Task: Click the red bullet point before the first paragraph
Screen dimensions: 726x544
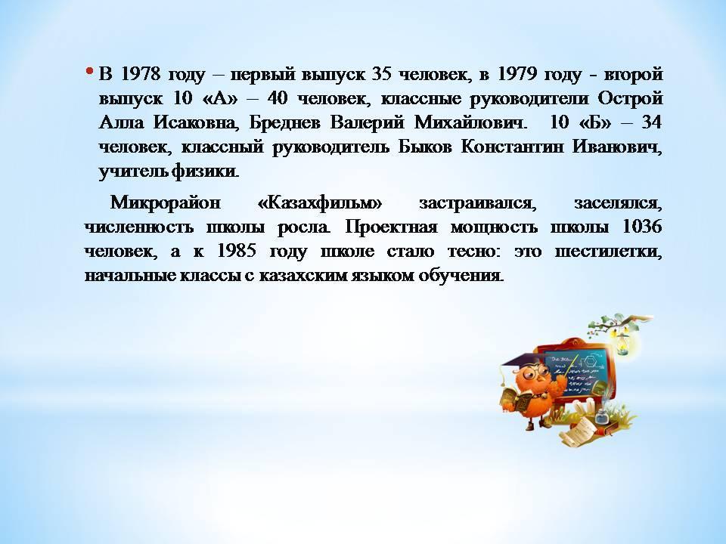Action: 89,71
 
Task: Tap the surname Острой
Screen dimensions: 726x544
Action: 630,98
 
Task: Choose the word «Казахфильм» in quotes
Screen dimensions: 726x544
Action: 319,203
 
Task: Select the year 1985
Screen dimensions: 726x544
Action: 237,251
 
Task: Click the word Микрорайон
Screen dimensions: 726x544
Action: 166,203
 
